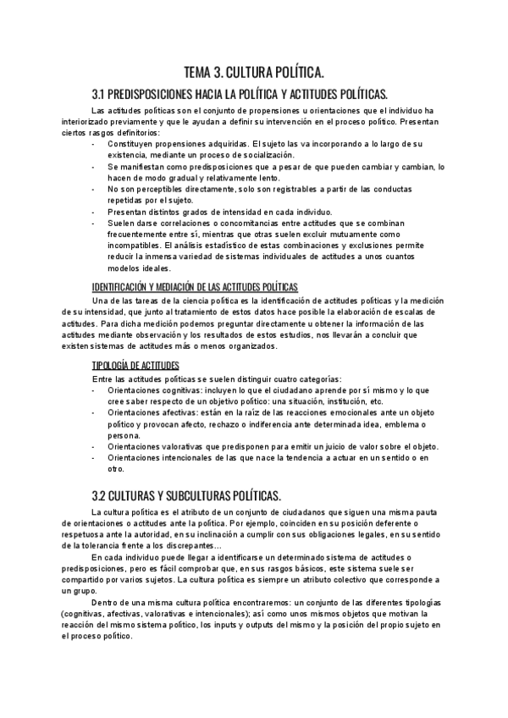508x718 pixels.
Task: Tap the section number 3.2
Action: coord(100,494)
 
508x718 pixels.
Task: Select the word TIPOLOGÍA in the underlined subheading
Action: coord(112,364)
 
